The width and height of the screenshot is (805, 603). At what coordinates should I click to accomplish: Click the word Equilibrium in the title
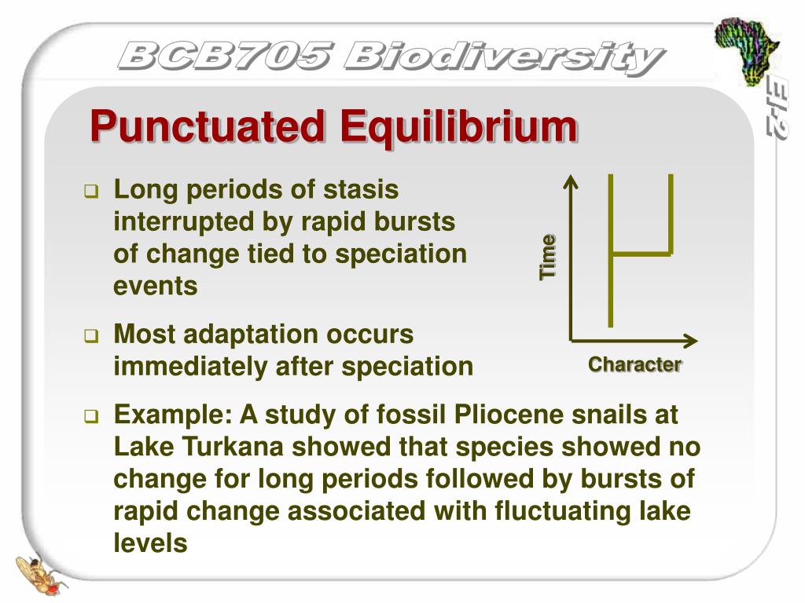[458, 126]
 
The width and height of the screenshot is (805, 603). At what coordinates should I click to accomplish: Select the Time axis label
[548, 257]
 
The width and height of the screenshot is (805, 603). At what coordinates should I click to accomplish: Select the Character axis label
[635, 364]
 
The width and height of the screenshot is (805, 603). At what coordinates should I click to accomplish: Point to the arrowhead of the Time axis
[572, 182]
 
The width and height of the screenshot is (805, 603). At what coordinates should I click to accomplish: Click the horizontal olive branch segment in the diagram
[641, 254]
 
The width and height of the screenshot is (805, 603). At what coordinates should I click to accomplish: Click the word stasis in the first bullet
[362, 190]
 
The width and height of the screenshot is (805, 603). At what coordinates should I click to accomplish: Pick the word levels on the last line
[151, 543]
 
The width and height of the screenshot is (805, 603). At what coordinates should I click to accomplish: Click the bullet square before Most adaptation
[91, 337]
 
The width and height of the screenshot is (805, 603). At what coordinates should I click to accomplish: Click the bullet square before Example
[91, 416]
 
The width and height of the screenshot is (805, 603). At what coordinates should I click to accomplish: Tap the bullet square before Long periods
[91, 192]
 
